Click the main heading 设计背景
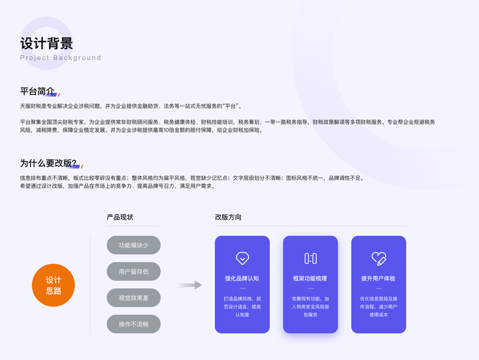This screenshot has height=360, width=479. (x=46, y=43)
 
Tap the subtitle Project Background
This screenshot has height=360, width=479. (x=60, y=58)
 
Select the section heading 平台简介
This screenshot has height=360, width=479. (x=37, y=92)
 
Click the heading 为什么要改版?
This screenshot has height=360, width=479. (x=48, y=163)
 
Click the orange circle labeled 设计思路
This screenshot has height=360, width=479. (x=53, y=285)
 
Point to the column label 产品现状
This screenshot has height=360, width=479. (x=120, y=217)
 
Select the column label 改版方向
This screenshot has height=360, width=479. (x=228, y=217)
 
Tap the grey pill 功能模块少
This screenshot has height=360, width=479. (x=133, y=245)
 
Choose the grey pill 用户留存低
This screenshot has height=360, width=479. (x=133, y=272)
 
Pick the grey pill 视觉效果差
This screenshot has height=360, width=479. (x=133, y=298)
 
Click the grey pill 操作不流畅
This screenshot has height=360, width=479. (x=133, y=325)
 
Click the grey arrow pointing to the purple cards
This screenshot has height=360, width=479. (x=189, y=285)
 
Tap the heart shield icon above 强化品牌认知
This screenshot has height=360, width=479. (x=242, y=259)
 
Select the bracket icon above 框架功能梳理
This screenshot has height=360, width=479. (x=311, y=259)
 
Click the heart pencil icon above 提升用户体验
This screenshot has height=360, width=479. (x=378, y=259)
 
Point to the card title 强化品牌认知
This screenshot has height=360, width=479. (x=242, y=278)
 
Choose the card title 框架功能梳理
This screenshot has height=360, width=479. (x=311, y=278)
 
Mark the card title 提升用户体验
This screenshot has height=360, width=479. (x=378, y=278)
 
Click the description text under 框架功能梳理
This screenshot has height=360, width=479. (x=311, y=306)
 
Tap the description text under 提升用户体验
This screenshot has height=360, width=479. (x=378, y=306)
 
